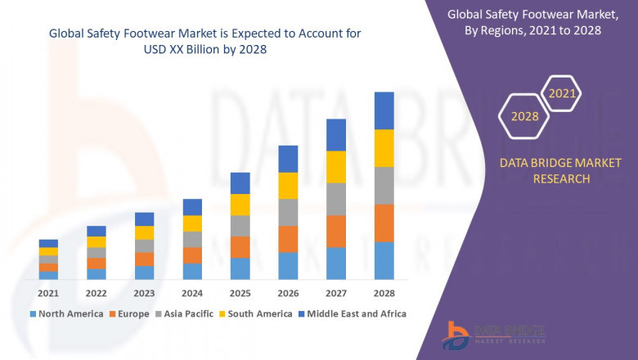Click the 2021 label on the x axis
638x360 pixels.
point(48,293)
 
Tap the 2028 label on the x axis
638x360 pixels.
point(384,293)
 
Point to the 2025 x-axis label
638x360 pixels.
point(240,293)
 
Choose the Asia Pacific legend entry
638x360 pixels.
point(187,313)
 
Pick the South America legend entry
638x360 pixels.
point(258,313)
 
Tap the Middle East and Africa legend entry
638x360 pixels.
point(357,313)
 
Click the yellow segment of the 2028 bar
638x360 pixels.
point(384,148)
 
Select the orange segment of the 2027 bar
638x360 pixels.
point(336,232)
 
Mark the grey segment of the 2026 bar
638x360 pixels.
point(288,213)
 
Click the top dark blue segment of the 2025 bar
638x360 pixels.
point(240,182)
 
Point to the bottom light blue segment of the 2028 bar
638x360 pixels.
point(384,260)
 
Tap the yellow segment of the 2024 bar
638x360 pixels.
point(192,223)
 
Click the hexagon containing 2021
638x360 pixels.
point(562,94)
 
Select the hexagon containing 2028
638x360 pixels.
point(524,116)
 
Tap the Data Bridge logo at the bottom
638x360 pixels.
point(492,333)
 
